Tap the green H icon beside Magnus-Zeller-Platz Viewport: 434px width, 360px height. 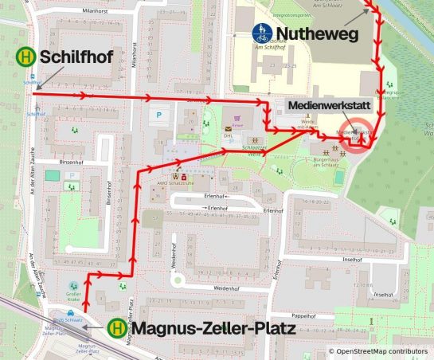117,327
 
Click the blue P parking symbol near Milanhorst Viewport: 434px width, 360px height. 158,115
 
